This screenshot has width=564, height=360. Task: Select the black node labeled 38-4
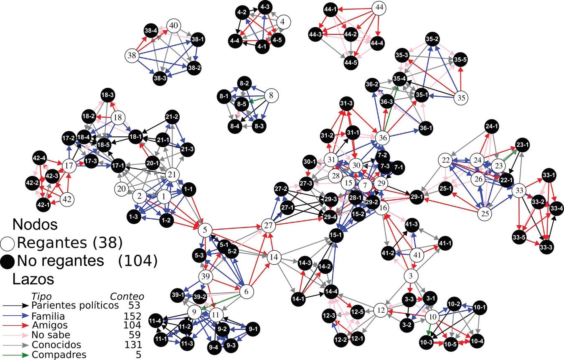point(151,31)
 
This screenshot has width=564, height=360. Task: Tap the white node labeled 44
point(379,8)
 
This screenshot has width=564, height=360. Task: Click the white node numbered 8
point(271,96)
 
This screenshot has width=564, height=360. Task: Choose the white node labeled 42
point(67,199)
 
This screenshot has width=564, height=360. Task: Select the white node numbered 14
point(273,257)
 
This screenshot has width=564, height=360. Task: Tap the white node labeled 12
point(381,310)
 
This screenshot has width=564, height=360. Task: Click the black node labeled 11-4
point(158,321)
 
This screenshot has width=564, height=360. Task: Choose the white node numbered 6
point(246,291)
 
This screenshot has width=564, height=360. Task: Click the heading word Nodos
point(35,225)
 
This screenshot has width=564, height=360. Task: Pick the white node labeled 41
point(416,254)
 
